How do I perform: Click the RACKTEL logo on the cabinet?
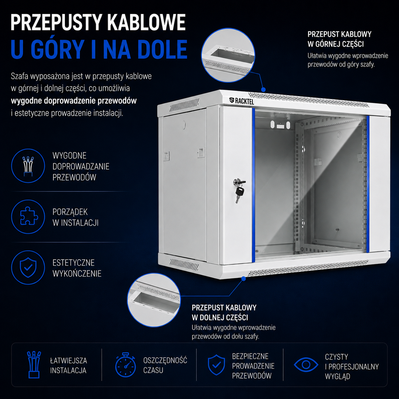[x=241, y=101]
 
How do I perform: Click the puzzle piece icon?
[x=29, y=216]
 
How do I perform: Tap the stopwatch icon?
[x=125, y=365]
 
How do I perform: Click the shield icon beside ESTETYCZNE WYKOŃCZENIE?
[x=28, y=267]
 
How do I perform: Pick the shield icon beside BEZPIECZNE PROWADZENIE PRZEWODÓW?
[x=216, y=365]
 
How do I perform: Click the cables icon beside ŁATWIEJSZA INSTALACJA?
[x=34, y=365]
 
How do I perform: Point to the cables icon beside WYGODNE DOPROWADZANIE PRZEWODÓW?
[x=28, y=166]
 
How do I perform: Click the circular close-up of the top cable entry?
[x=228, y=55]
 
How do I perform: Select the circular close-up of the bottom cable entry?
[x=154, y=300]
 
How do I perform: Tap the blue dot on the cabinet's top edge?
[x=263, y=90]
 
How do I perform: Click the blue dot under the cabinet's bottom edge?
[x=244, y=279]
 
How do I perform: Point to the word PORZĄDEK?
[x=70, y=212]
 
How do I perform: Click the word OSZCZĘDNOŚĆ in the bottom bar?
[x=165, y=360]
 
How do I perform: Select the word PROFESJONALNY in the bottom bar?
[x=353, y=367]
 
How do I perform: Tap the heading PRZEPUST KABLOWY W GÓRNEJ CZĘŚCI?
[x=339, y=39]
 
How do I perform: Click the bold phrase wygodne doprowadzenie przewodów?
[x=74, y=101]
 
